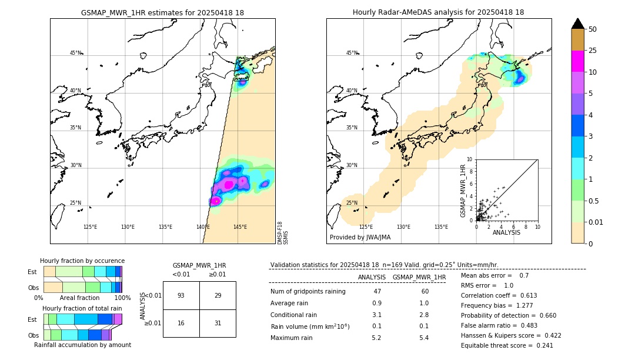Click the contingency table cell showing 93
[181, 295]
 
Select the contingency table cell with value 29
[218, 295]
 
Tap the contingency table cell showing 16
[181, 323]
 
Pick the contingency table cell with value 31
[218, 323]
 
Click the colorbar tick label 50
[593, 29]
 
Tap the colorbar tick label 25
[593, 51]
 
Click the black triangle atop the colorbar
[578, 24]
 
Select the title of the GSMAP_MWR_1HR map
[162, 12]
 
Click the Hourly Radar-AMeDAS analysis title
[439, 12]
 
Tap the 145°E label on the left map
[240, 227]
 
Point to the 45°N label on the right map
[352, 53]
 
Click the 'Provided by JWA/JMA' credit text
[360, 238]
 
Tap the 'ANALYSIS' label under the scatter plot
[506, 233]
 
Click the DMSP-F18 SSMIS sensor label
[282, 233]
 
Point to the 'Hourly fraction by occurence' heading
[82, 261]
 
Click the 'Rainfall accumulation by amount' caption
[87, 345]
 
